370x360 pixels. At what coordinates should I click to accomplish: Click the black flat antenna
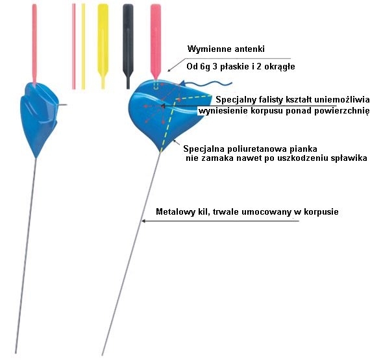pyautogui.click(x=128, y=46)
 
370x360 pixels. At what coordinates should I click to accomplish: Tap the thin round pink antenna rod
pyautogui.click(x=74, y=47)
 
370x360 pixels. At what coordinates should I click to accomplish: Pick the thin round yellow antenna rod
pyautogui.click(x=83, y=47)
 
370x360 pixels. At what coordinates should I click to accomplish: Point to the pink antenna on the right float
pyautogui.click(x=156, y=42)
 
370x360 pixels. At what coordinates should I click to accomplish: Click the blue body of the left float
pyautogui.click(x=38, y=118)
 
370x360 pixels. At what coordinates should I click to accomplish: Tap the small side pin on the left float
pyautogui.click(x=62, y=104)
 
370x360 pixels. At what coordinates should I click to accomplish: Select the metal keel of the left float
pyautogui.click(x=26, y=256)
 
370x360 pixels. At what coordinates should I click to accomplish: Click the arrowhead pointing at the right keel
pyautogui.click(x=143, y=221)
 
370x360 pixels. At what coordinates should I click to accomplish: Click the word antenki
pyautogui.click(x=250, y=49)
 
